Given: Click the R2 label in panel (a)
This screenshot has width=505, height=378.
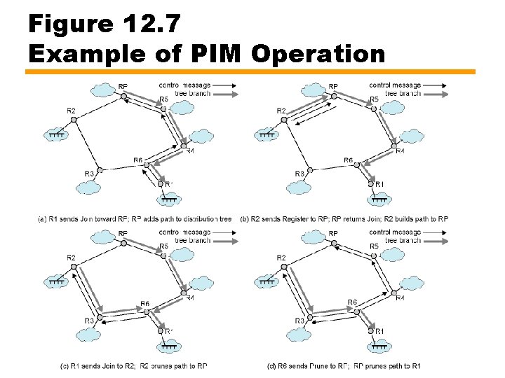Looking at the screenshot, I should [72, 111].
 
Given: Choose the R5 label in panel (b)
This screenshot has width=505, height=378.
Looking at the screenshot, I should [373, 99].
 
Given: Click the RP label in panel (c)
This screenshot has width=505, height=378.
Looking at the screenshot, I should [123, 234].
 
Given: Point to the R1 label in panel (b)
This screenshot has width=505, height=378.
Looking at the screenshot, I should [379, 184].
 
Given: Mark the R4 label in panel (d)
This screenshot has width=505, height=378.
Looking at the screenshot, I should [399, 298].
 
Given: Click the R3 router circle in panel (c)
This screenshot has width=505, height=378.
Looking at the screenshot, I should [100, 317].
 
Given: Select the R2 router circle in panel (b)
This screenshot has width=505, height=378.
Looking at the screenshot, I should [284, 120].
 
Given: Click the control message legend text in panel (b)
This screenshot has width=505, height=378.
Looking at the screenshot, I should [395, 85].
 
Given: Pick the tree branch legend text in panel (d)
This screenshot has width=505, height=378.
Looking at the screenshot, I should [403, 240].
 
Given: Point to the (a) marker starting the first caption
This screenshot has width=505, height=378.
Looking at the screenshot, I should [43, 219].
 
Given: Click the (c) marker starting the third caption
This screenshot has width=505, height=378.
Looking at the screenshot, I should [64, 366].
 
